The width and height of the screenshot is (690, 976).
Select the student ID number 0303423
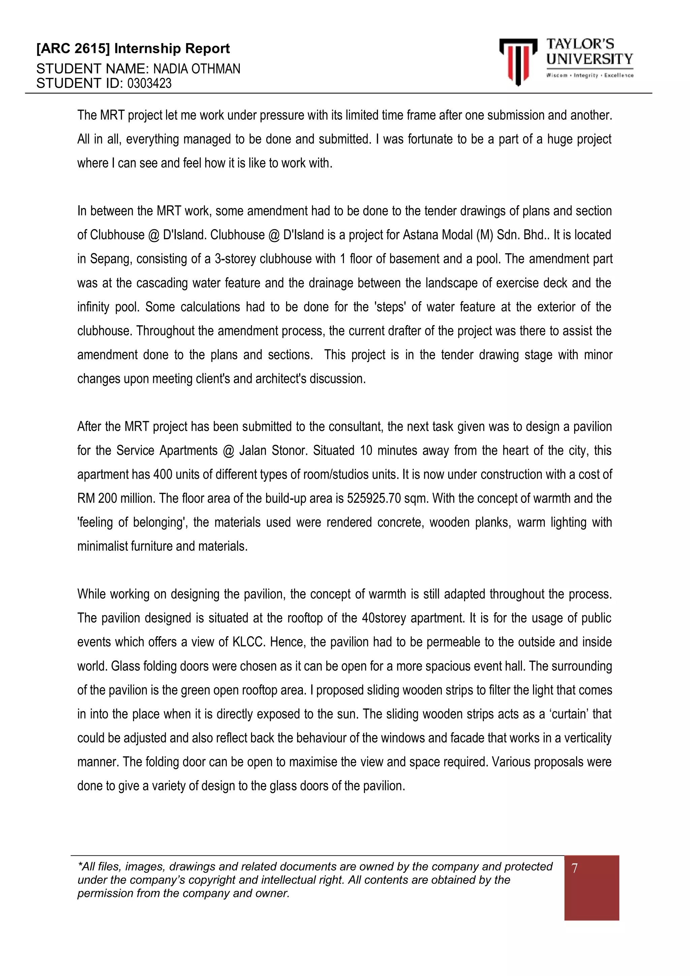click(149, 83)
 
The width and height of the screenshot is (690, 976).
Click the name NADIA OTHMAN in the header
click(196, 69)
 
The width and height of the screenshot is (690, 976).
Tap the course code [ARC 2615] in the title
click(73, 49)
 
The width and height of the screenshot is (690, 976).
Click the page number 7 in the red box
click(574, 868)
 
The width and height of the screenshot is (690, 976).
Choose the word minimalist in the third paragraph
click(102, 546)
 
